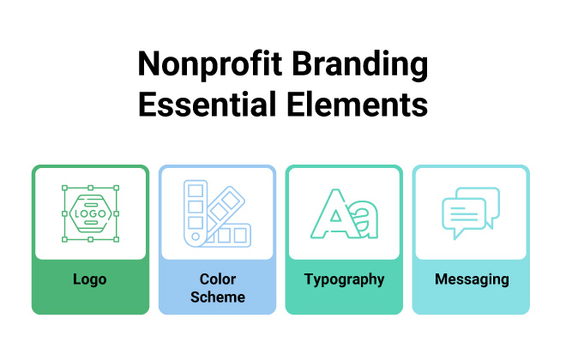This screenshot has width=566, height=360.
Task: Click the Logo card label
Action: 90,279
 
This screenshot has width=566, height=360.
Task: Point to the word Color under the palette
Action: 217,279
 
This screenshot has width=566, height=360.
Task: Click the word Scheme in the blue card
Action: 217,297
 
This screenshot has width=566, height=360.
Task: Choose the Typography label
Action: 344,279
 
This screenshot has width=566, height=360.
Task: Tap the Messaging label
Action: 471,279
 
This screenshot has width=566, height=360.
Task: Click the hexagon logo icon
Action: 90,213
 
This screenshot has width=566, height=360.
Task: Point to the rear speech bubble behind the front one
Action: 485,199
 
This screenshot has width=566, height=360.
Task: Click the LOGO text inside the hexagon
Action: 90,213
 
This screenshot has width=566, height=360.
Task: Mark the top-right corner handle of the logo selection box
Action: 116,187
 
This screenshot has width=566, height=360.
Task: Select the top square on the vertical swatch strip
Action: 195,189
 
